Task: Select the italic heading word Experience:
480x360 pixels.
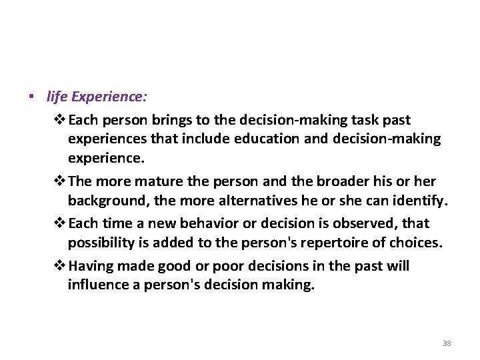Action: coord(108,97)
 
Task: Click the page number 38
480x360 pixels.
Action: coord(447,343)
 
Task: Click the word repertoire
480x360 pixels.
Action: coord(329,243)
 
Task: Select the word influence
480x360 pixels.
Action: coord(99,285)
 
